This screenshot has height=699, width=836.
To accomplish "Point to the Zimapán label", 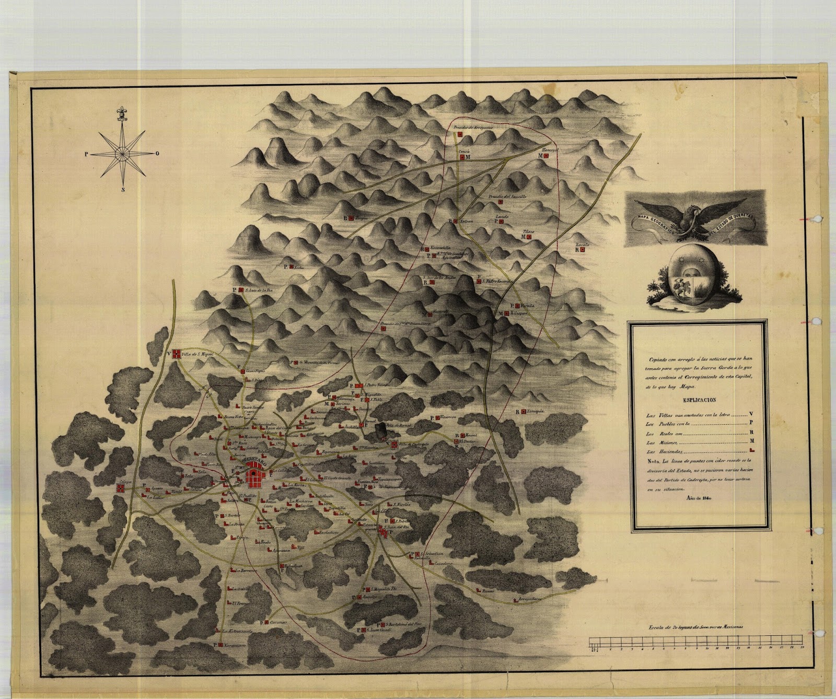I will tap(533, 411).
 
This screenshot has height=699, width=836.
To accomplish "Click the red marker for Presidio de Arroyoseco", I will tap(460, 134).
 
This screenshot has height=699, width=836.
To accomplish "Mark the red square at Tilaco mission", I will tap(530, 237).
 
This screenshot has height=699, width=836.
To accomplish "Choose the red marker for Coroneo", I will tap(265, 623).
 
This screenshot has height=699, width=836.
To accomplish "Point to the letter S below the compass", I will tap(123, 190).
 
